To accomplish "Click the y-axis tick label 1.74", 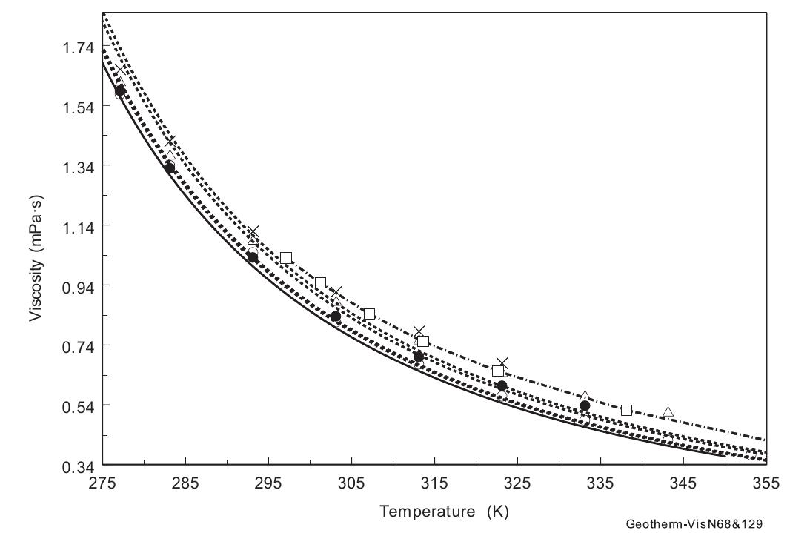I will pos(76,47).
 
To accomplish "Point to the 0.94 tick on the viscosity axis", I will pos(76,285).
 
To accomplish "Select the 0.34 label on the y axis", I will pos(76,466).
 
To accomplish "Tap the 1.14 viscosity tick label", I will pos(76,225).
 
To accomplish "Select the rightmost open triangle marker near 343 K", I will pos(668,412).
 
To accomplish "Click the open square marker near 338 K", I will pos(626,410).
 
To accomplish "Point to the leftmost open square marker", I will pos(286,258).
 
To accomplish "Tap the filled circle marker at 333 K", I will pos(585,405).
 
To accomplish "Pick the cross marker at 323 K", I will pos(502,363).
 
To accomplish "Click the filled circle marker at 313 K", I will pos(419,356).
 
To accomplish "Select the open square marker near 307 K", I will pos(369,314).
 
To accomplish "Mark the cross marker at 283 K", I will pos(170,141).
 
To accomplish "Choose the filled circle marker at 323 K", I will pos(502,385).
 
